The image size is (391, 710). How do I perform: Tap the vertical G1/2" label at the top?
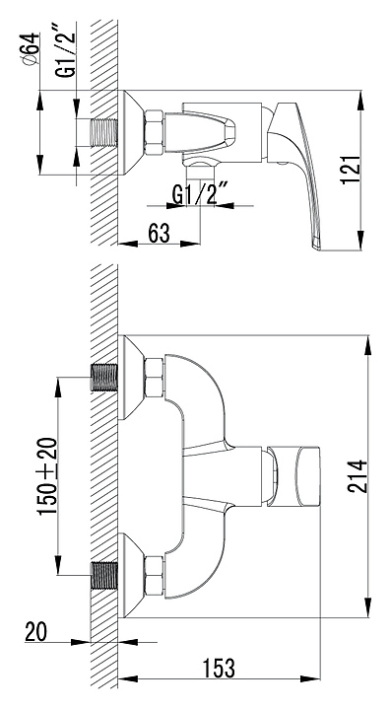click(x=66, y=51)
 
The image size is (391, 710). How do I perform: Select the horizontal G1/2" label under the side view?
click(x=200, y=194)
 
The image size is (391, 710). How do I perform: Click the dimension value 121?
click(x=351, y=170)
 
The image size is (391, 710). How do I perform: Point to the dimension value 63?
click(x=159, y=233)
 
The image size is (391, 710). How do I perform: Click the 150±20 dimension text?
click(x=47, y=476)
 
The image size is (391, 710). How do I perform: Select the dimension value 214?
click(x=358, y=476)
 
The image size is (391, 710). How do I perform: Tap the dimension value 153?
click(x=219, y=668)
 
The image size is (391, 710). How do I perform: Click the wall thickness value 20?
click(x=35, y=632)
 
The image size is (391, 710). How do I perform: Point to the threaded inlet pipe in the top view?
click(x=103, y=133)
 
